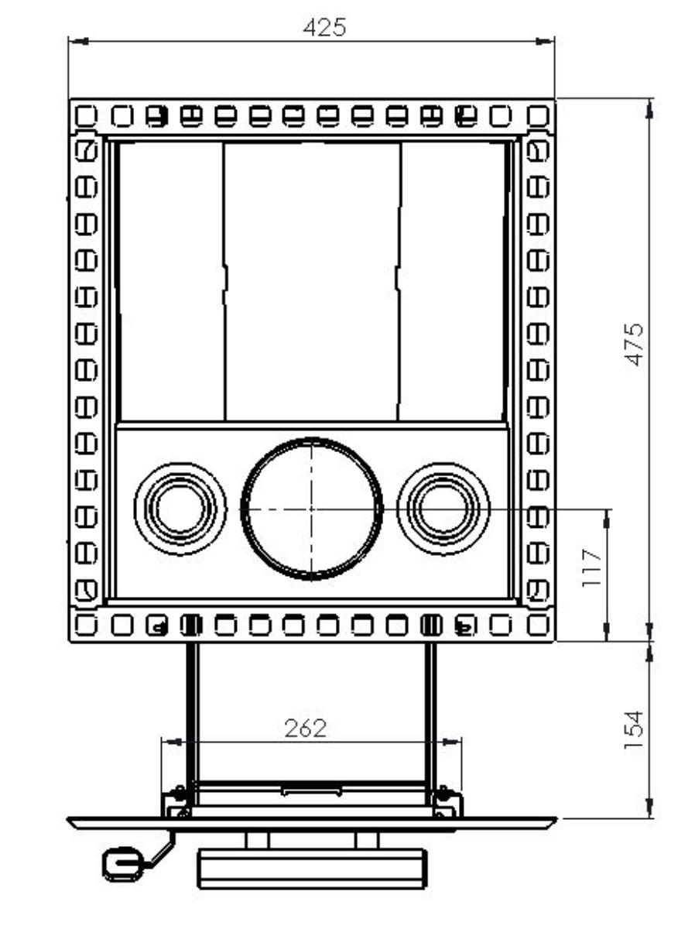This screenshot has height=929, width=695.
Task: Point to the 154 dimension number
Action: [635, 728]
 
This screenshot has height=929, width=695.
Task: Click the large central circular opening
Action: [312, 509]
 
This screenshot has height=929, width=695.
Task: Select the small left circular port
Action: [180, 509]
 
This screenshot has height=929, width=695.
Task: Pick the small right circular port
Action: [443, 509]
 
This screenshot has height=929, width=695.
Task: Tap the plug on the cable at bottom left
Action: [122, 863]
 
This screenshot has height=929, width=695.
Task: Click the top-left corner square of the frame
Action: [86, 116]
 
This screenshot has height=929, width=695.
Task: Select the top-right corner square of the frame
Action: [537, 116]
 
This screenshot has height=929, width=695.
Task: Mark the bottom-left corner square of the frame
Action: [86, 623]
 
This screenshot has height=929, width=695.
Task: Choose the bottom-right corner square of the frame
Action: [537, 623]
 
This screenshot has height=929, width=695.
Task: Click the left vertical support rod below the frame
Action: [192, 712]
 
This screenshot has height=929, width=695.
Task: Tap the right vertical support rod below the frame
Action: [431, 712]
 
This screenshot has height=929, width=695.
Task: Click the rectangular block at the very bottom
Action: [311, 867]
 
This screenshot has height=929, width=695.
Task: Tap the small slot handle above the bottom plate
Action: [311, 790]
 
